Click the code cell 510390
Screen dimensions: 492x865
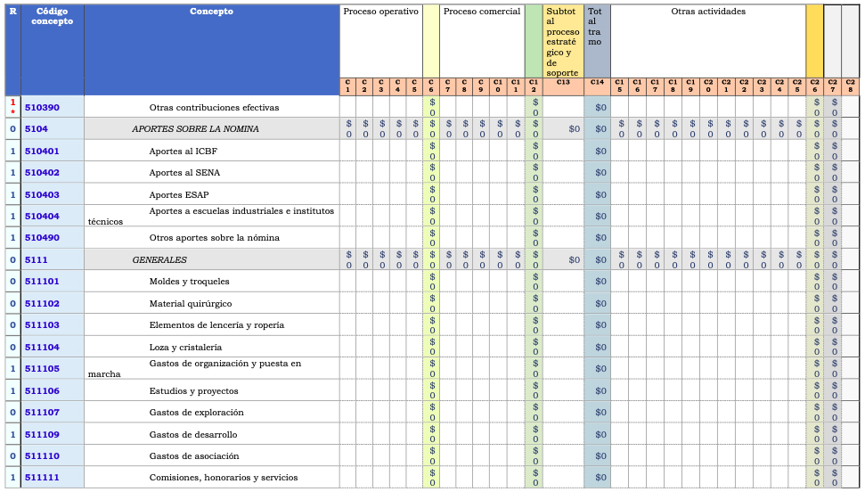coord(42,108)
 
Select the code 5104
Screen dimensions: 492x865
coord(37,129)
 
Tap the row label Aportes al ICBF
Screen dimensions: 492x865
coord(183,151)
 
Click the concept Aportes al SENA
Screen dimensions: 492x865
coord(184,173)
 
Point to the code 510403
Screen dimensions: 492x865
coord(42,194)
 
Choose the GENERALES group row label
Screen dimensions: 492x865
coord(159,259)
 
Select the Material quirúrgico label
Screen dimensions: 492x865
coord(191,303)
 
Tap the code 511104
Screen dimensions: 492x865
coord(42,347)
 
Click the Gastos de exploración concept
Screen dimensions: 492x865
coord(196,413)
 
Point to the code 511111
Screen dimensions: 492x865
coord(42,478)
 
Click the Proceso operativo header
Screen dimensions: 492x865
coord(380,12)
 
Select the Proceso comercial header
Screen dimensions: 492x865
coord(481,12)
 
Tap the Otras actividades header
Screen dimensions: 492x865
coord(708,12)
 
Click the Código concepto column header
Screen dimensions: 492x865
coord(52,16)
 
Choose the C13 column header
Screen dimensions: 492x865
coord(563,82)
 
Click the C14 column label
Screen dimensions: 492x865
coord(597,82)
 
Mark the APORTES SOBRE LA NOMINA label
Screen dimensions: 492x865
coord(195,129)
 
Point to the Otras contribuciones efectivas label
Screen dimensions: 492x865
coord(214,108)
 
